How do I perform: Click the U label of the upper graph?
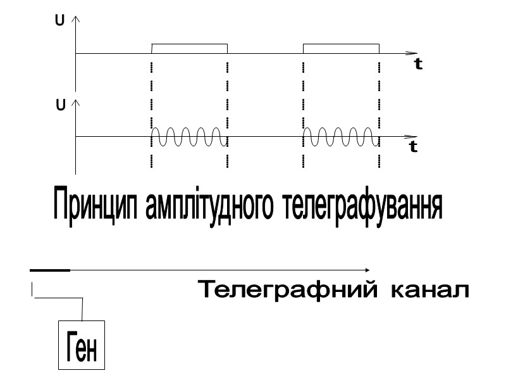(59, 21)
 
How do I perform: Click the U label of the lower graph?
(61, 105)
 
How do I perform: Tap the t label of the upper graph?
(419, 64)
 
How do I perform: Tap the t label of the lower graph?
(413, 147)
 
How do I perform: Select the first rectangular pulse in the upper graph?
(189, 48)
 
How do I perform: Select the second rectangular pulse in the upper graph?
(342, 48)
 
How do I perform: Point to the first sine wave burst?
(188, 136)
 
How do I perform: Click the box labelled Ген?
(82, 345)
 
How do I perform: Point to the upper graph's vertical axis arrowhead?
(76, 20)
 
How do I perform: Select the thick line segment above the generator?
(50, 270)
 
